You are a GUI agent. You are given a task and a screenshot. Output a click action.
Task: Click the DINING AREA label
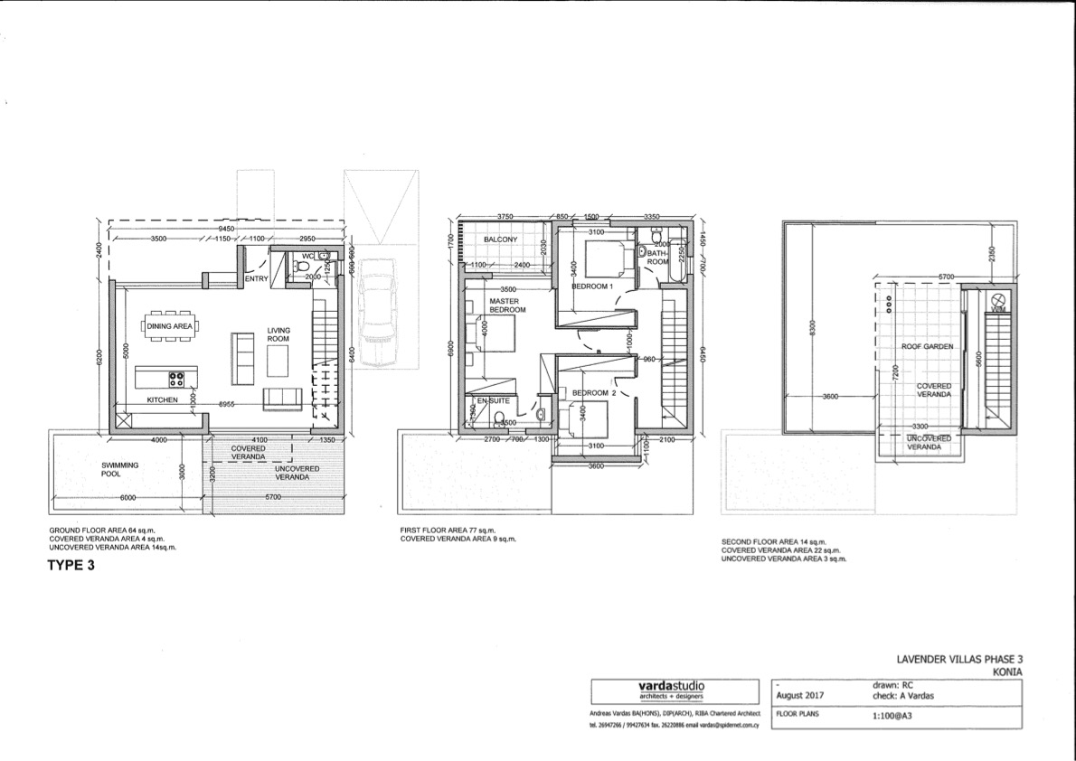pyautogui.click(x=170, y=325)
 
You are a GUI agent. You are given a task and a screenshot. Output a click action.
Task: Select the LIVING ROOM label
pyautogui.click(x=278, y=335)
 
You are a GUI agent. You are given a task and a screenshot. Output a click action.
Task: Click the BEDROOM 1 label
pyautogui.click(x=592, y=286)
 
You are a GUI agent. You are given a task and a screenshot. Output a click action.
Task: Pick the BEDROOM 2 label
pyautogui.click(x=593, y=392)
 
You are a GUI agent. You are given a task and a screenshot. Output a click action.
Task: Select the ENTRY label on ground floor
pyautogui.click(x=259, y=279)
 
